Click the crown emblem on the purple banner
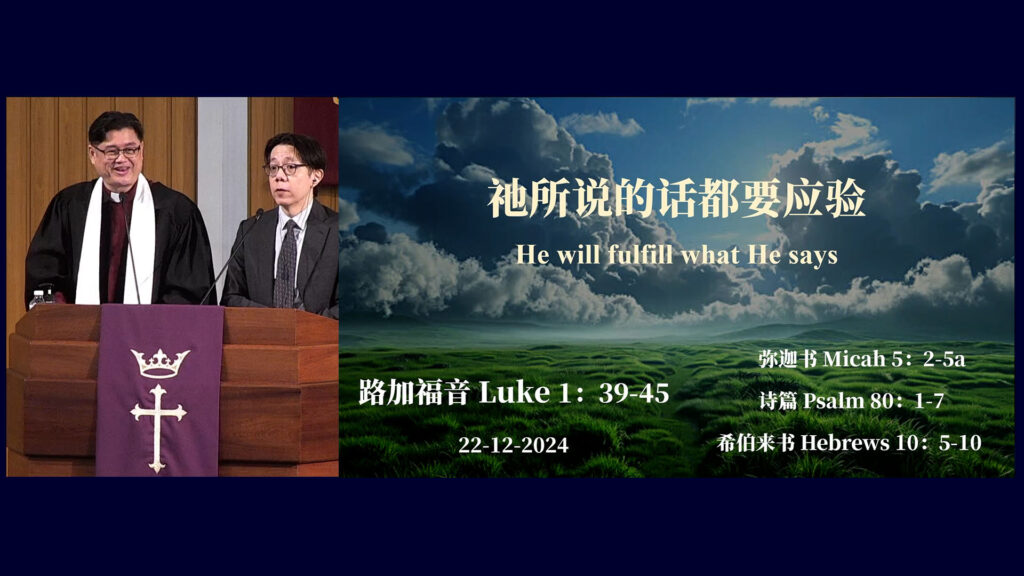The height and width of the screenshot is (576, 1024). (160, 363)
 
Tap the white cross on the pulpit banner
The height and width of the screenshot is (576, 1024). (157, 428)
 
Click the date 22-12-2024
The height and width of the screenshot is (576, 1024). (513, 445)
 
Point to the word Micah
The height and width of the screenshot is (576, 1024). (854, 359)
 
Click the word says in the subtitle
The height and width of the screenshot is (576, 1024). (812, 257)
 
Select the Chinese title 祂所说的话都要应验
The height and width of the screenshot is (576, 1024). (677, 199)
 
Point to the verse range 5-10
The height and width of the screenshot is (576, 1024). (960, 443)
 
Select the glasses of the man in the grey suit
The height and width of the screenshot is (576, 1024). (285, 169)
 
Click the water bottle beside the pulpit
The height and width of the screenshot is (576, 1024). (38, 298)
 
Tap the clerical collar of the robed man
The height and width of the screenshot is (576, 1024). (116, 196)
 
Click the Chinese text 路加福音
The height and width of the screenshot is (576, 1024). (414, 392)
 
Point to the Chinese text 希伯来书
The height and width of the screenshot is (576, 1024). (756, 443)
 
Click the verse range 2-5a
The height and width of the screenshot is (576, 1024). (944, 359)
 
